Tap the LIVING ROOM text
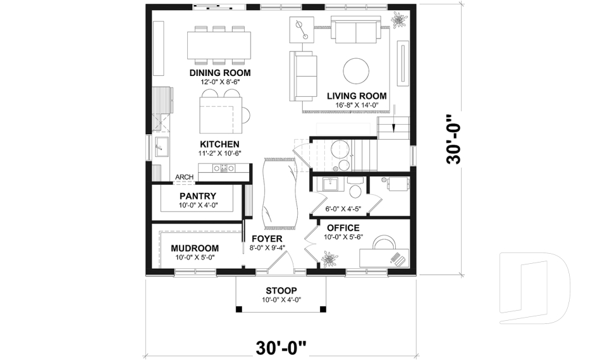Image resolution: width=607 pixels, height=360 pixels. click(x=357, y=96)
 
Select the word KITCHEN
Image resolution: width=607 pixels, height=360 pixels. click(x=219, y=144)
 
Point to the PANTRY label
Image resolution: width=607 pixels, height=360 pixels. click(x=197, y=196)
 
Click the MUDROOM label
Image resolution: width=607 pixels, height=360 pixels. click(x=195, y=248)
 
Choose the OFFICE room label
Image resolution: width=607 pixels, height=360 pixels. click(x=343, y=228)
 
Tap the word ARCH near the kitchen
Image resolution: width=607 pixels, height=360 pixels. click(x=184, y=177)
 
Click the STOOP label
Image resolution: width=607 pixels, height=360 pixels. click(x=281, y=291)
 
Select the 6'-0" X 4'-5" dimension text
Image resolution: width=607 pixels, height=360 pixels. click(x=344, y=209)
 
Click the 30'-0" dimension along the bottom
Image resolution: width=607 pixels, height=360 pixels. click(x=281, y=347)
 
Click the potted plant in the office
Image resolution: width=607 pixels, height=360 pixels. click(x=328, y=258)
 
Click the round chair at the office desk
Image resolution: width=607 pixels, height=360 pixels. click(x=383, y=244)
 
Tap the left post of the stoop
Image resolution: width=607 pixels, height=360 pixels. click(x=239, y=309)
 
